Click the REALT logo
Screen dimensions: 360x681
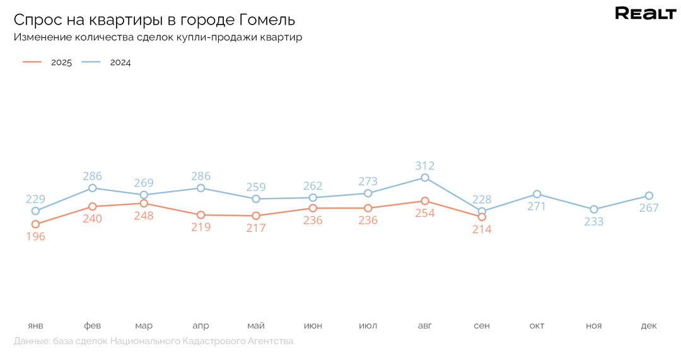click(x=645, y=14)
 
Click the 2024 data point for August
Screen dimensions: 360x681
click(x=425, y=178)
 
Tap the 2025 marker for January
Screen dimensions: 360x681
click(x=35, y=224)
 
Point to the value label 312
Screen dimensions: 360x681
click(x=425, y=166)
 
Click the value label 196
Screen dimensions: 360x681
click(x=35, y=236)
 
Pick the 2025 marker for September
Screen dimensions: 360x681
click(x=482, y=217)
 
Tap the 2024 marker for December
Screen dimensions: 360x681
click(x=649, y=195)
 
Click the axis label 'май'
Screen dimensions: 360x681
click(x=256, y=325)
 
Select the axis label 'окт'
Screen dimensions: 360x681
click(x=537, y=325)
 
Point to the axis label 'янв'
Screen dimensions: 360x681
click(x=35, y=325)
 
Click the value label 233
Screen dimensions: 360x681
click(x=593, y=221)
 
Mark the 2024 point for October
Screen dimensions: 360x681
click(x=537, y=194)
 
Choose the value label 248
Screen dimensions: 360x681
click(x=144, y=216)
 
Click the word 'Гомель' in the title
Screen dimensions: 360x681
click(x=267, y=20)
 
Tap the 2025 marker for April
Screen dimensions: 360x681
click(x=201, y=215)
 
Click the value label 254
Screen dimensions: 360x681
click(x=425, y=213)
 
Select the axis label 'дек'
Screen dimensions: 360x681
click(x=649, y=325)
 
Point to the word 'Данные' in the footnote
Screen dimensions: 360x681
click(x=30, y=341)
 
